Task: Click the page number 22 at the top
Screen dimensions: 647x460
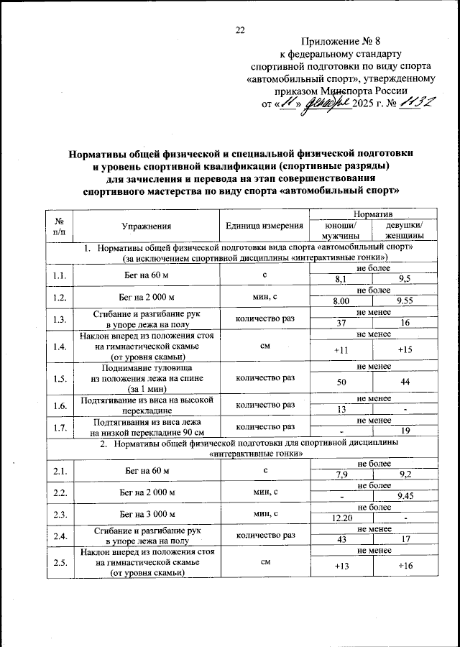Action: coord(240,29)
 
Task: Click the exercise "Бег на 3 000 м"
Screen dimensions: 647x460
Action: coord(146,514)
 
